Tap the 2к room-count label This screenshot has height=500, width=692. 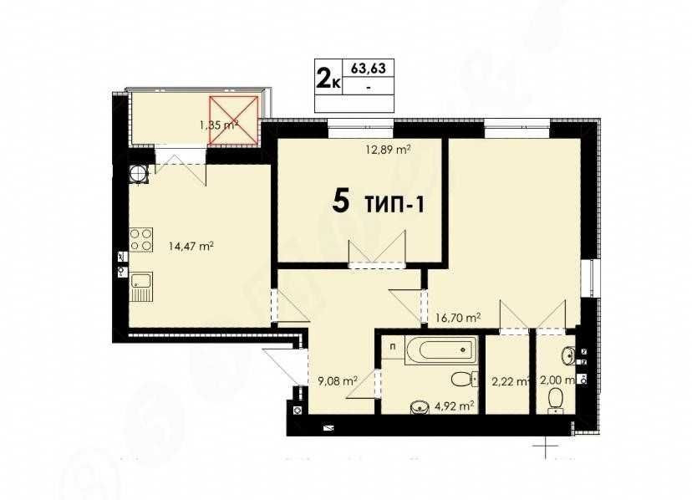[327, 79]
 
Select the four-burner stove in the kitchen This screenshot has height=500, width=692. [140, 240]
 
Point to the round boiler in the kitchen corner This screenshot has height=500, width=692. [138, 173]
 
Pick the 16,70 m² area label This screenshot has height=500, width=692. [458, 318]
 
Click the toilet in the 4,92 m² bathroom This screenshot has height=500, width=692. [460, 380]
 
